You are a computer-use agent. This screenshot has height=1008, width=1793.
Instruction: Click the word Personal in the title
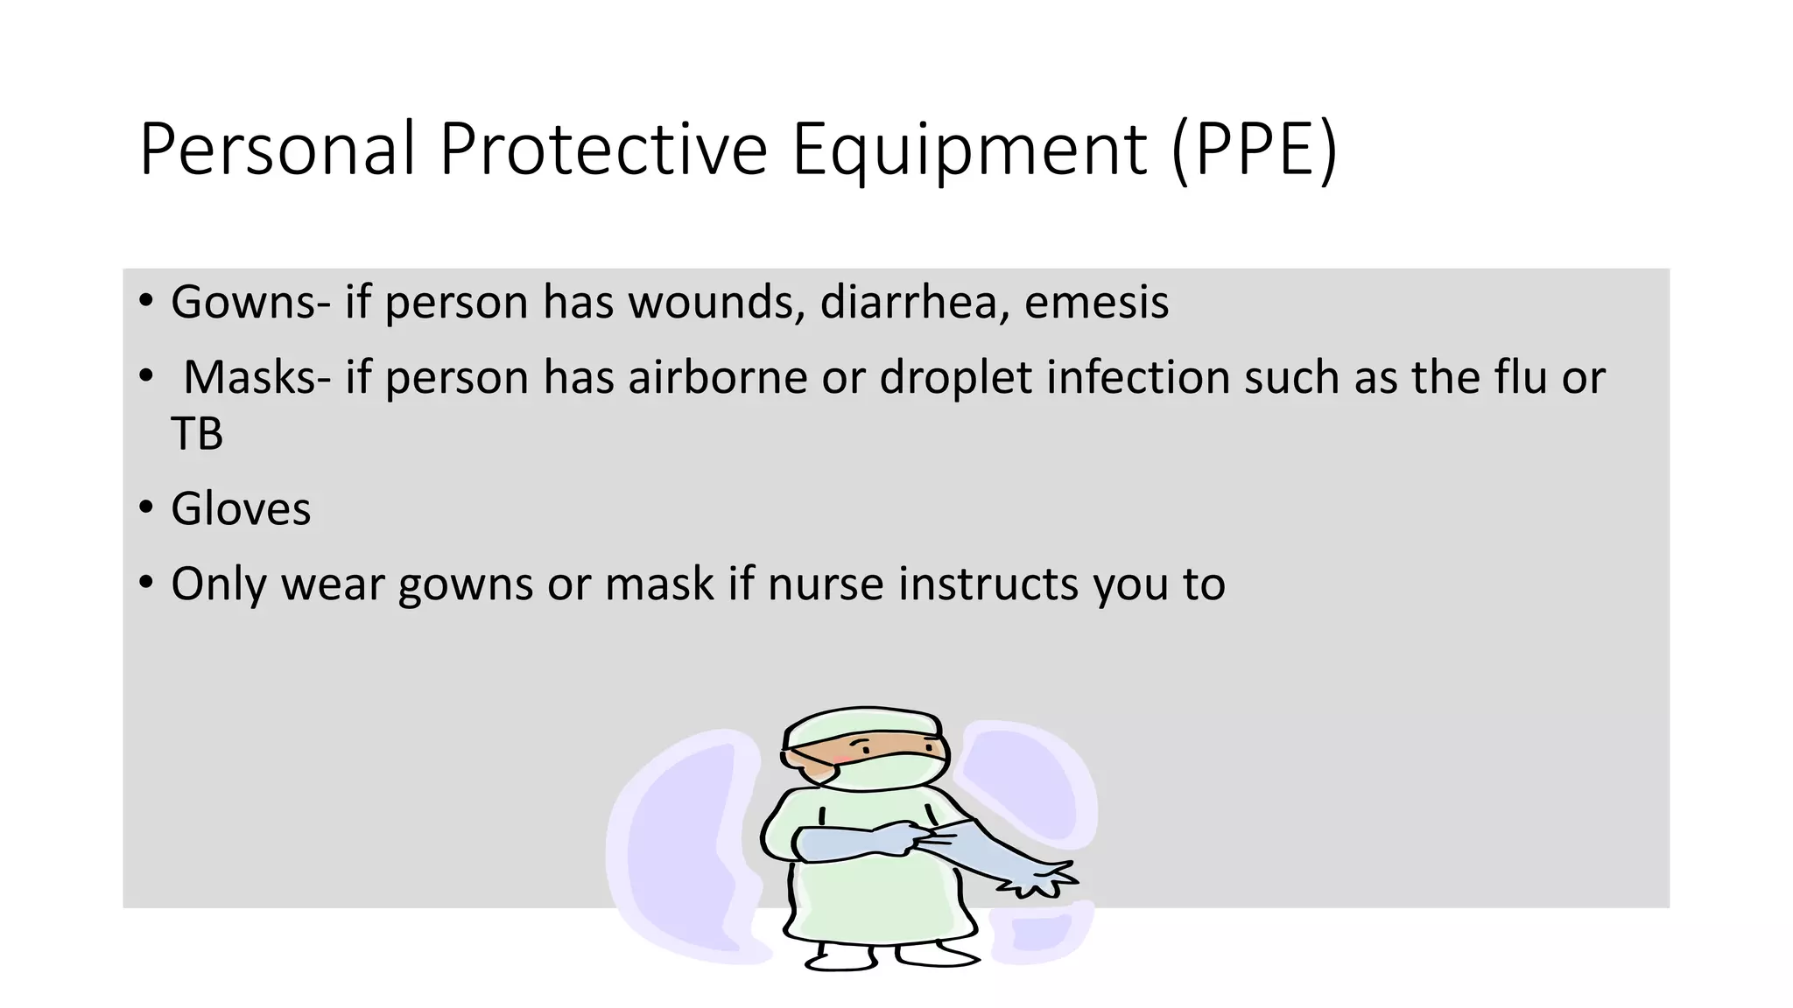tap(277, 150)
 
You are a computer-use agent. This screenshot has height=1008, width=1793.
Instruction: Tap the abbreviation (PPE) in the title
tap(1254, 150)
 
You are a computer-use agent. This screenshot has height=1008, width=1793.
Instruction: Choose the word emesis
tap(1096, 303)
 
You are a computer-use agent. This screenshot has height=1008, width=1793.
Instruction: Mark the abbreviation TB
tap(197, 434)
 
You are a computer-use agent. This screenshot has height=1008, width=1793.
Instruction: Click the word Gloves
tap(241, 509)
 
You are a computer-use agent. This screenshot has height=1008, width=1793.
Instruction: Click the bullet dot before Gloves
tap(145, 507)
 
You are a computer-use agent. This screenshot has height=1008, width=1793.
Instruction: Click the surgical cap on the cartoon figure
tap(862, 726)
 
